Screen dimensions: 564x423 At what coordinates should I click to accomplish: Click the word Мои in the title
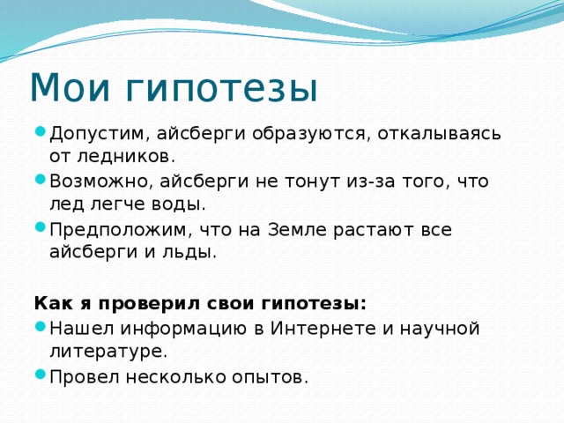(70, 87)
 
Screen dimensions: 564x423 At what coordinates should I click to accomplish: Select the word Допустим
(96, 134)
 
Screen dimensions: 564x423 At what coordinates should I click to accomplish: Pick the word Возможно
(99, 182)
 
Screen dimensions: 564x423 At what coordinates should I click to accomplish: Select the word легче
(120, 205)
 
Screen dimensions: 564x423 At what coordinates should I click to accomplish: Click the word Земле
(297, 230)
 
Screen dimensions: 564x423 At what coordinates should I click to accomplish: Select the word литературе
(108, 352)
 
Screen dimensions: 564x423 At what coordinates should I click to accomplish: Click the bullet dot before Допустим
(41, 132)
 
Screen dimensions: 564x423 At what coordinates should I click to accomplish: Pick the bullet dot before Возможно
(41, 179)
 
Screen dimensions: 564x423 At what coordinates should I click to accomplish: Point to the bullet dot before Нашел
(41, 327)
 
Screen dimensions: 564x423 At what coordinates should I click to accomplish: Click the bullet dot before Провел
(41, 375)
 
